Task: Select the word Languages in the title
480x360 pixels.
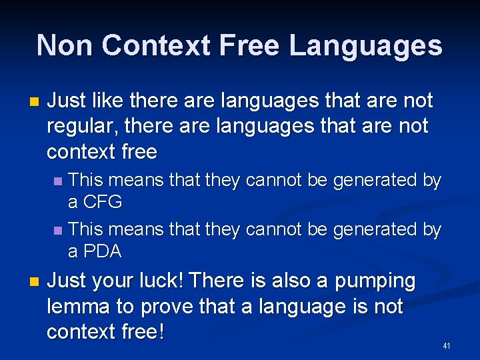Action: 365,46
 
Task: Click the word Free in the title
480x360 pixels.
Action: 253,46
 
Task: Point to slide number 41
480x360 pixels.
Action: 447,346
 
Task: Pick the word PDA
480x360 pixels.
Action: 102,252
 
